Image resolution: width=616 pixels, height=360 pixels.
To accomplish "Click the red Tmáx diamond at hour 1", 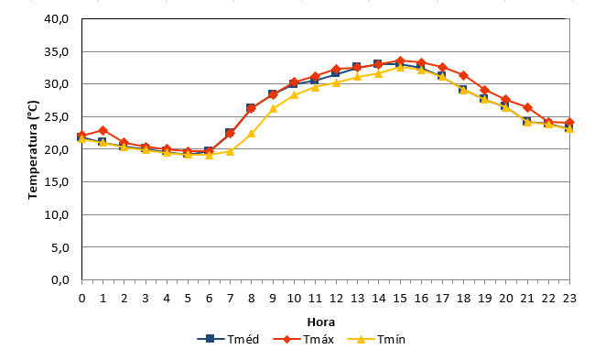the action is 103,130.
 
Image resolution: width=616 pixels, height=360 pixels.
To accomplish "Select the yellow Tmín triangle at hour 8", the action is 252,134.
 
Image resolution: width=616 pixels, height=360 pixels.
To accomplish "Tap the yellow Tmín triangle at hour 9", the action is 273,108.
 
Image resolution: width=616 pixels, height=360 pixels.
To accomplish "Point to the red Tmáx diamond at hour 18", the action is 463,75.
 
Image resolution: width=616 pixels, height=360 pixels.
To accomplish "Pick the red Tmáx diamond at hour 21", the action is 527,108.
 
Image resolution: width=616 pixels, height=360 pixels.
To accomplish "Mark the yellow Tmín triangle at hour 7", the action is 231,151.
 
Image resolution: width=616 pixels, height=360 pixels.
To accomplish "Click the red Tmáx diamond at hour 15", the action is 400,61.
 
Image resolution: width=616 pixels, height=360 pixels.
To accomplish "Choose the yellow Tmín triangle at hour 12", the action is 336,82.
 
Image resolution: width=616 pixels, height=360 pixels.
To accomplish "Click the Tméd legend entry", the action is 228,339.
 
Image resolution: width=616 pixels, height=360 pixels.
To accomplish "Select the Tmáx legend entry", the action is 303,339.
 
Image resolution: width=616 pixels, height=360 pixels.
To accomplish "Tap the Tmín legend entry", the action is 376,339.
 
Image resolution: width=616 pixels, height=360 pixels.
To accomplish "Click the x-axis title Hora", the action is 321,322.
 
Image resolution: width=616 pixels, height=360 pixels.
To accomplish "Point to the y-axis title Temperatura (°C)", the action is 33,149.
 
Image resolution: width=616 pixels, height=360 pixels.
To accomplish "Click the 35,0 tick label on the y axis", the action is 57,51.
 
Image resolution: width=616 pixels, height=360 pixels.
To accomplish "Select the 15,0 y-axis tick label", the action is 57,182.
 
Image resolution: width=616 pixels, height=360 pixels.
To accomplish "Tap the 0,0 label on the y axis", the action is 60,279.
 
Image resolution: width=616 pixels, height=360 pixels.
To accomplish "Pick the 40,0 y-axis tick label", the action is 57,19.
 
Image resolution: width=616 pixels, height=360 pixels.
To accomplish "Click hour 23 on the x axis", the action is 569,299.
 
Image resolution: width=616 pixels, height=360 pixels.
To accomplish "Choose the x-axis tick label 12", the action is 336,299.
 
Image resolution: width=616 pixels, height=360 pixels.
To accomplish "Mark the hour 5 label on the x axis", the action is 188,299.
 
